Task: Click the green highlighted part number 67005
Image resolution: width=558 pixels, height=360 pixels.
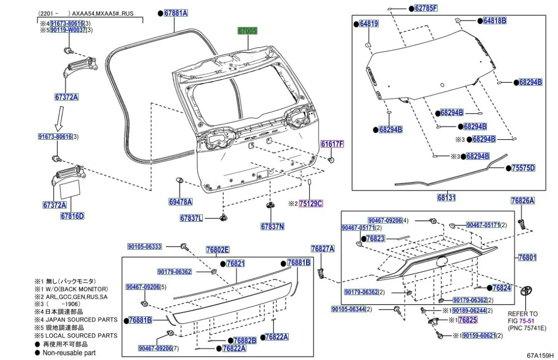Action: (247, 31)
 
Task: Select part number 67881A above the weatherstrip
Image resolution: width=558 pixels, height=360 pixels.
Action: (176, 13)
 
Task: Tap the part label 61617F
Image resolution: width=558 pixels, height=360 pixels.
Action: (332, 144)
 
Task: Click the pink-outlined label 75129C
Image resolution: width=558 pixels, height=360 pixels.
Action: (311, 203)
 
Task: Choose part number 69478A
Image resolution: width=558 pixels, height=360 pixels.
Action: (180, 202)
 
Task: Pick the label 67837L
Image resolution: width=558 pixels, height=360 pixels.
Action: (191, 218)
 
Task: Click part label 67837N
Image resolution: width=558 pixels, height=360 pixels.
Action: (272, 227)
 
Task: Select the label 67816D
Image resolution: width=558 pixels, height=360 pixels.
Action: (73, 216)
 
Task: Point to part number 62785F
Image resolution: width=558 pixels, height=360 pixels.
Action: (426, 8)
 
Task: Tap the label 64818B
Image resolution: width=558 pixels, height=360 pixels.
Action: (494, 21)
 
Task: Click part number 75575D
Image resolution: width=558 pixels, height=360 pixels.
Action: (523, 168)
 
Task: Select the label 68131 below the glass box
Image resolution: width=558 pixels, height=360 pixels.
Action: (446, 197)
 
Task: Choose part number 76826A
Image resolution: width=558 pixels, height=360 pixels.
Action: (522, 201)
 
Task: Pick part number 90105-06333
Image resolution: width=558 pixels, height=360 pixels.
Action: (145, 246)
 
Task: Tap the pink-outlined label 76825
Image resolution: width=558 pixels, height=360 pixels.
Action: (468, 320)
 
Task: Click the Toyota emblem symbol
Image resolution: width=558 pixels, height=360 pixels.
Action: (528, 291)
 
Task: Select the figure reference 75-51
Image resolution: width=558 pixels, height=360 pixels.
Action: (528, 321)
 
